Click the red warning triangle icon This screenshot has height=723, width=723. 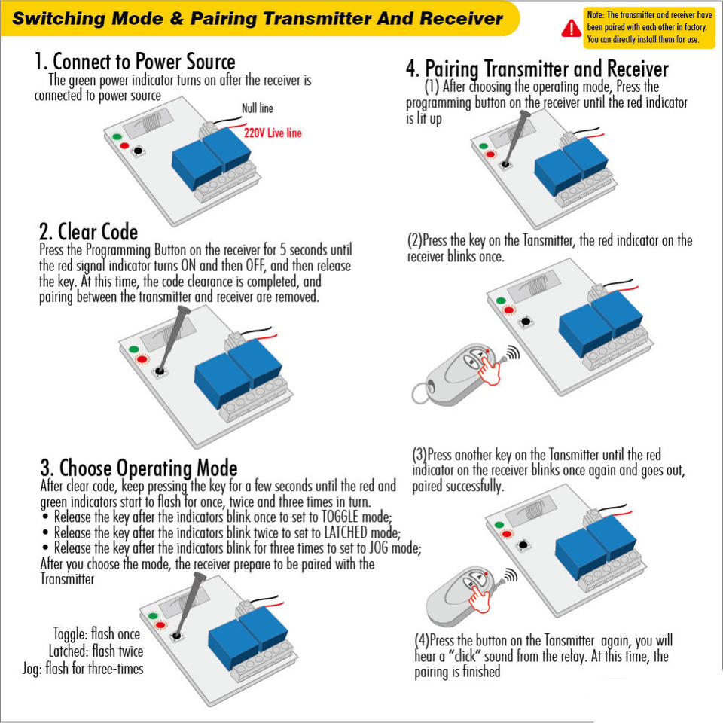pos(572,29)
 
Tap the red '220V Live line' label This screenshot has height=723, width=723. pos(273,133)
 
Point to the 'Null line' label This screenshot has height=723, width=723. pos(258,108)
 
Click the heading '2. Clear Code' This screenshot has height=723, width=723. pos(89,231)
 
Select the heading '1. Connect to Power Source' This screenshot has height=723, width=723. pos(135,61)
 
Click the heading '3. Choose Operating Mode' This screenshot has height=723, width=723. pos(139,468)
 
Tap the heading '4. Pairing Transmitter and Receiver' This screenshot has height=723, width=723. pos(537,69)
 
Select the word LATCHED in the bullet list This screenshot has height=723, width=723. pos(346,532)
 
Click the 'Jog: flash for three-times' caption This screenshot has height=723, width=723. pos(83,668)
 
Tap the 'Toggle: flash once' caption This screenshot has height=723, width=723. pos(96,633)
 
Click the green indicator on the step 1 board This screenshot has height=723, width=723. pos(117,137)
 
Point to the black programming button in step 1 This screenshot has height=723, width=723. pos(138,151)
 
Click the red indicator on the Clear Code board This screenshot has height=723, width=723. pos(142,359)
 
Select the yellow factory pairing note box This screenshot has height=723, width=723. pos(649,28)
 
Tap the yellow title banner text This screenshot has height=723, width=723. pos(258,18)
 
